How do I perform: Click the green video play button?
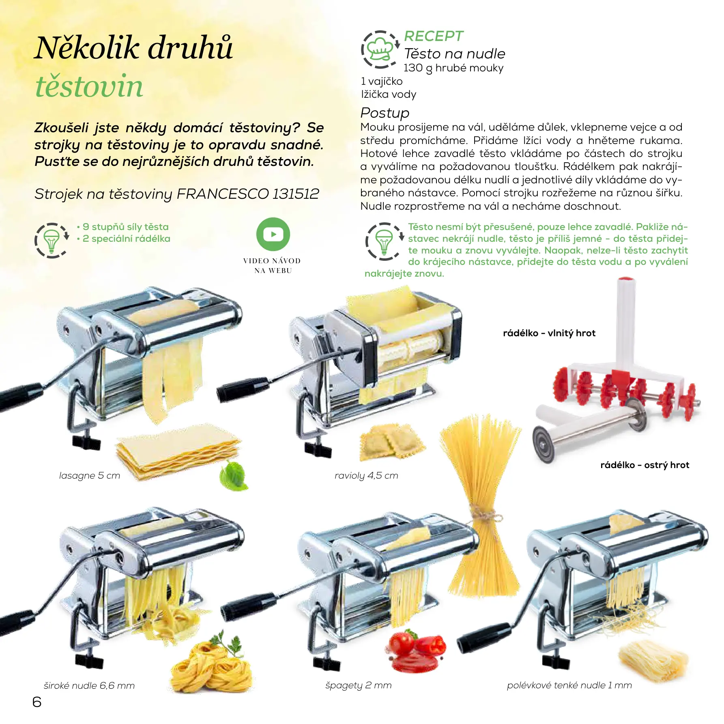coord(273,234)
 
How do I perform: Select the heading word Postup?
coord(385,113)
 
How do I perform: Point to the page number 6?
coord(37,702)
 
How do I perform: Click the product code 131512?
coord(296,194)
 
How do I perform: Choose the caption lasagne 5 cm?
coord(90,475)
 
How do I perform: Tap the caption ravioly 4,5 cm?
coord(366,475)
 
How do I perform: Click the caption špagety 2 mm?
coord(359,685)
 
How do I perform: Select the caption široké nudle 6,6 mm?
coord(89,685)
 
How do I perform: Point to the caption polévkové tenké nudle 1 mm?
coord(569,685)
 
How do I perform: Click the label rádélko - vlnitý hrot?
coord(549,333)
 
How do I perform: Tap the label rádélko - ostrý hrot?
coord(645,465)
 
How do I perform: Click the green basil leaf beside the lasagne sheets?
coord(234,475)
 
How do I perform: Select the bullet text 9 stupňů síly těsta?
coord(126,227)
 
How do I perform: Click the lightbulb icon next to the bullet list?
coord(52,240)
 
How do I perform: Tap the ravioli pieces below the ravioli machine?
coord(391,442)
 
